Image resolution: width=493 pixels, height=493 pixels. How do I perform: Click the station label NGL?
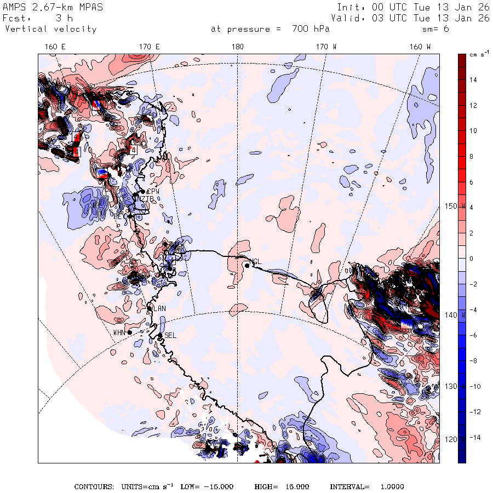[255, 261]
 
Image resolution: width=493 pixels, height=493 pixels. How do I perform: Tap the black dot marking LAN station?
[150, 308]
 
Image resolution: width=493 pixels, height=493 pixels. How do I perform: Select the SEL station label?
[170, 335]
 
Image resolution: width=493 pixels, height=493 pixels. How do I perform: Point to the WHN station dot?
[129, 332]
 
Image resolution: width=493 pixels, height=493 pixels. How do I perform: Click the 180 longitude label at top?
[237, 47]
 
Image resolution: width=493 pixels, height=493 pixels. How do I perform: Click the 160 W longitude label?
[420, 47]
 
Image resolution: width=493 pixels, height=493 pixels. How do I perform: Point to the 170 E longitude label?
[149, 47]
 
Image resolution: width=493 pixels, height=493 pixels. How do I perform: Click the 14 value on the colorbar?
[473, 80]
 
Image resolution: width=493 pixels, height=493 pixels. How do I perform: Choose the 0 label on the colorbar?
[471, 259]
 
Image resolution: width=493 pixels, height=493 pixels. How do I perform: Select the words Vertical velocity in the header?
[51, 29]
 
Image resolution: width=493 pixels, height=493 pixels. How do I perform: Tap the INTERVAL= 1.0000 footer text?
[366, 486]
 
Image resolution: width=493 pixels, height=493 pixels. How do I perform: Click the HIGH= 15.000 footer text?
[282, 486]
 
